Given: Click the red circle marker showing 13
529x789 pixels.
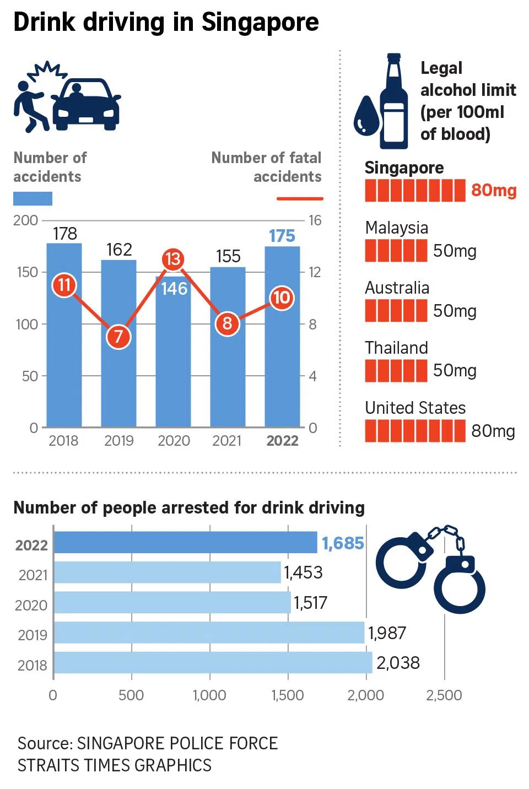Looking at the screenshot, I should (173, 259).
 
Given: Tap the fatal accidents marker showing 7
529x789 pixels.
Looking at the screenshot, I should (118, 337).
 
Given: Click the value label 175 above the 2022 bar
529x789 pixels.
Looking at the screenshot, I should (282, 236).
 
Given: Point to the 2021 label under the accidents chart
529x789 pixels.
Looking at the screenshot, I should (227, 441).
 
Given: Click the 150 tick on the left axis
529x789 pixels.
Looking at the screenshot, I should (28, 272).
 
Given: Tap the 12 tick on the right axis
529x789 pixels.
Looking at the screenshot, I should (314, 272).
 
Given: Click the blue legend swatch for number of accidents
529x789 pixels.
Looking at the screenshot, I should (33, 198).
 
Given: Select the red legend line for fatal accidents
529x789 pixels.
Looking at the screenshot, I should (299, 198).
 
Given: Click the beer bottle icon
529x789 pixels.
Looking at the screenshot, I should (393, 102).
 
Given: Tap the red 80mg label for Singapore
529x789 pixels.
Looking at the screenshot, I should (494, 191).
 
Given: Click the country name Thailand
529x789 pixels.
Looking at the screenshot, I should (396, 348).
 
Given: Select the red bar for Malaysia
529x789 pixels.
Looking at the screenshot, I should (396, 251).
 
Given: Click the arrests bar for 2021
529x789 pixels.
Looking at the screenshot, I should (168, 572).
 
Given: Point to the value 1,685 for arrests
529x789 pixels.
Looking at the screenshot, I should (343, 543).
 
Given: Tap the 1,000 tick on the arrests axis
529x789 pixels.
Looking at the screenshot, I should (209, 695).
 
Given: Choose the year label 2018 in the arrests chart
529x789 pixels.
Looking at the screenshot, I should (33, 665).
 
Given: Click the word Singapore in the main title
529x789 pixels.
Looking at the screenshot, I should (260, 23).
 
